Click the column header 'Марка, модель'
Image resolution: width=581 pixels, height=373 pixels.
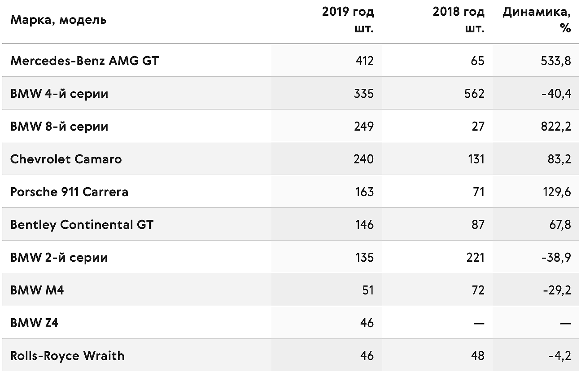pyautogui.click(x=58, y=20)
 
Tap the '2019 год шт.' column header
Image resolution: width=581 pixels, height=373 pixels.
pyautogui.click(x=348, y=20)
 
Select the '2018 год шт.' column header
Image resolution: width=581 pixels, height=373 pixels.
pyautogui.click(x=459, y=20)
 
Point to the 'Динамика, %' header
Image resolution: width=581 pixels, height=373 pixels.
pyautogui.click(x=537, y=20)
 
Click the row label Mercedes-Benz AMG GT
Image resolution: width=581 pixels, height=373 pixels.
pyautogui.click(x=84, y=61)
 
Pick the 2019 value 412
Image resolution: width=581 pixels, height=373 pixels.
pyautogui.click(x=365, y=61)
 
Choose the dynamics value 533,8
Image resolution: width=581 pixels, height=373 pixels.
pyautogui.click(x=556, y=61)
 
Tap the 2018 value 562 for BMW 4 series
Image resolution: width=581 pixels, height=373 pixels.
pyautogui.click(x=474, y=94)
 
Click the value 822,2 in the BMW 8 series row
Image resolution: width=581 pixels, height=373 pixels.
pyautogui.click(x=556, y=127)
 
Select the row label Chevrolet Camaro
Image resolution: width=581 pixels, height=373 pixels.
pyautogui.click(x=66, y=159)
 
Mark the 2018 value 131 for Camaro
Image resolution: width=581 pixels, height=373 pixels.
pyautogui.click(x=476, y=159)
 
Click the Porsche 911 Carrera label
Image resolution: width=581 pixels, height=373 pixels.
pyautogui.click(x=69, y=192)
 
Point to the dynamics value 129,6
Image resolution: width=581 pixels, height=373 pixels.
pyautogui.click(x=557, y=192)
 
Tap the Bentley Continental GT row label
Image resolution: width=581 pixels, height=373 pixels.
pyautogui.click(x=82, y=225)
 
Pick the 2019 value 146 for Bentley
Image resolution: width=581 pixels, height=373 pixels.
pyautogui.click(x=364, y=225)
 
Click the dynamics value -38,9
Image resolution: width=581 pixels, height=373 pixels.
pyautogui.click(x=556, y=258)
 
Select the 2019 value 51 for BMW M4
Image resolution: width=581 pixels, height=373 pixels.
pyautogui.click(x=368, y=290)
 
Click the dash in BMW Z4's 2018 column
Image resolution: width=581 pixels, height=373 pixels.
pyautogui.click(x=479, y=324)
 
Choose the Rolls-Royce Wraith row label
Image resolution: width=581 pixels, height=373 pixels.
pyautogui.click(x=67, y=356)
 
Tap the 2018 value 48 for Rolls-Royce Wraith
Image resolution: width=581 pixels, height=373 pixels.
pyautogui.click(x=478, y=356)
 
